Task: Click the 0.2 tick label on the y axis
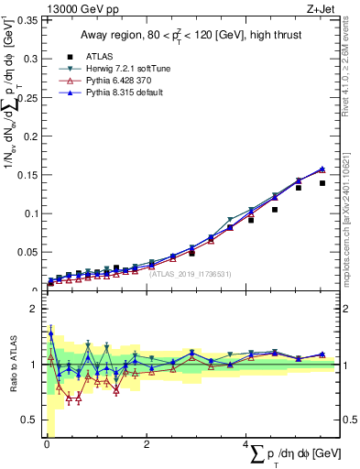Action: point(32,136)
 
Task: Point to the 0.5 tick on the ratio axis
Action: point(31,420)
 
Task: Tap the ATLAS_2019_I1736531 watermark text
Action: point(190,274)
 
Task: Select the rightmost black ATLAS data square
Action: point(322,183)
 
